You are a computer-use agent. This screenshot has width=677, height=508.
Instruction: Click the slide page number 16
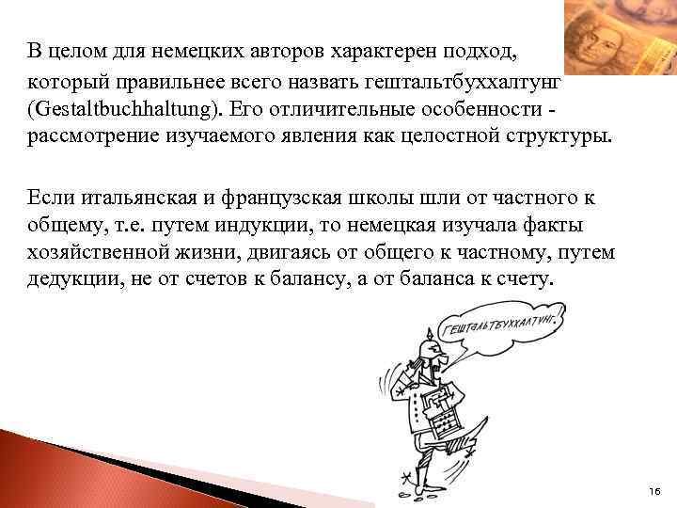655,492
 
